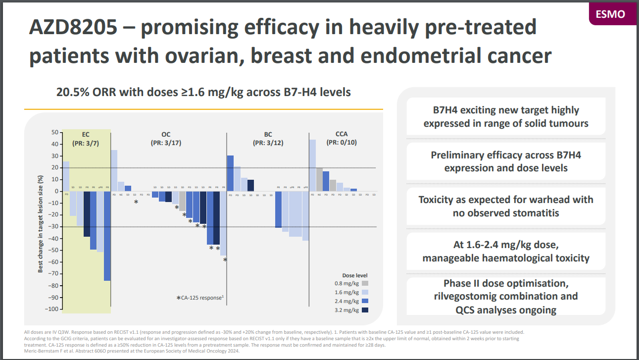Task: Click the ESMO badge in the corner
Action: (x=613, y=13)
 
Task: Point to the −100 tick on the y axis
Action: (x=51, y=309)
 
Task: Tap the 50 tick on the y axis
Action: (x=55, y=132)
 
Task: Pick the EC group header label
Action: (x=86, y=135)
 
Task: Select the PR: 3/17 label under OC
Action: (x=166, y=143)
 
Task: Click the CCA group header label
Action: (x=341, y=134)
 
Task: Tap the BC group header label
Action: (x=268, y=135)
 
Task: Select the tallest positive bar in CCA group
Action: (x=312, y=165)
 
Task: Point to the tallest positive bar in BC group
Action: (x=230, y=173)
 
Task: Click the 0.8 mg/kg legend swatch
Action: (x=365, y=283)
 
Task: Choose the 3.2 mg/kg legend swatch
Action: (x=365, y=310)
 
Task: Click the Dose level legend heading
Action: (x=355, y=275)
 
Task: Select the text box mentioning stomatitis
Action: (x=506, y=206)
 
